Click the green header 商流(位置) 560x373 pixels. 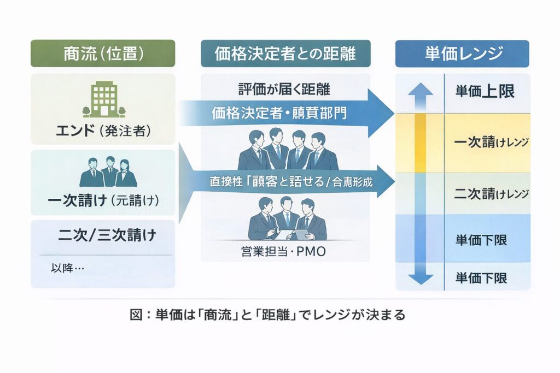103,54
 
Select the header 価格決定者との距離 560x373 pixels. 285,54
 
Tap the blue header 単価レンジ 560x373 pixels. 462,54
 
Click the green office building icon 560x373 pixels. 103,100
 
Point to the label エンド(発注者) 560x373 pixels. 103,131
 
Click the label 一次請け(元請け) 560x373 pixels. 103,200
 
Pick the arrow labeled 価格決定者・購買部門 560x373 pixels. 284,114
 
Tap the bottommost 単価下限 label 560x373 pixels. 481,277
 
